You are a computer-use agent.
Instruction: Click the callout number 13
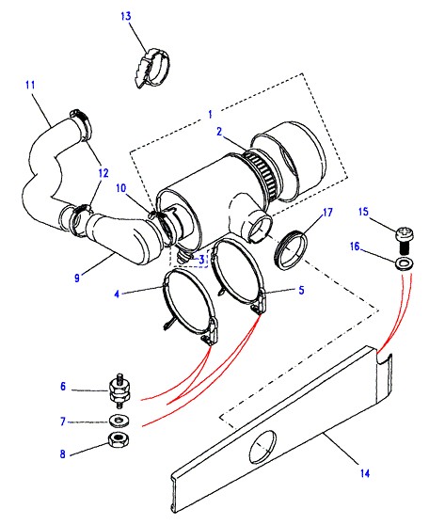126,16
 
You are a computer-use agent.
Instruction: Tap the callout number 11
30,85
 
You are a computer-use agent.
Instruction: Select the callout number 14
365,473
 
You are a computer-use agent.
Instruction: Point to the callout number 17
327,213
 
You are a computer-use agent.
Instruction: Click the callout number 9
77,278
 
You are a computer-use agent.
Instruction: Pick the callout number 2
219,132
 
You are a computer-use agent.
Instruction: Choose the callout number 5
301,290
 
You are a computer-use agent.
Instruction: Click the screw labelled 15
405,239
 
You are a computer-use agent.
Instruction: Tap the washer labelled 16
405,263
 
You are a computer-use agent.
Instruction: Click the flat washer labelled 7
119,421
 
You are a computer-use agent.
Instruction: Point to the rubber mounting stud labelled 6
119,390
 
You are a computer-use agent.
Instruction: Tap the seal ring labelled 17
291,248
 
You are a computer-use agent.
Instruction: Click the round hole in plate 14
262,447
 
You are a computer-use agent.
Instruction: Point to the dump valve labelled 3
184,256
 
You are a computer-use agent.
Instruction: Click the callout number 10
121,188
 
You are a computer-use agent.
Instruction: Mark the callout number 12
103,173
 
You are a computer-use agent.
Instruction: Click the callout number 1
210,115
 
